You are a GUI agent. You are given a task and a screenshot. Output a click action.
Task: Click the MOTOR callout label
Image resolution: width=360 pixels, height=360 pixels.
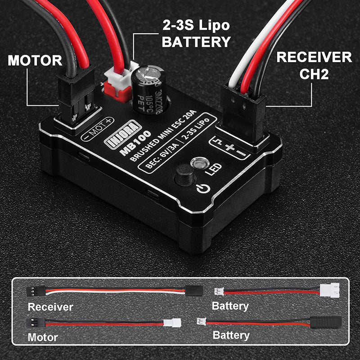point(35,60)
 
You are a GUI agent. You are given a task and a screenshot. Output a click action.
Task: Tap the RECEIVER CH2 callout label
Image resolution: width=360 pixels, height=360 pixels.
point(314,65)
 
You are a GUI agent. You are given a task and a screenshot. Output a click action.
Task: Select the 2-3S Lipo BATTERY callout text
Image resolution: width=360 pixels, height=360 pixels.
point(196,35)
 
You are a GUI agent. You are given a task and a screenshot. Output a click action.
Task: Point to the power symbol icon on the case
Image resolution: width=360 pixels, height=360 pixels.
point(203,189)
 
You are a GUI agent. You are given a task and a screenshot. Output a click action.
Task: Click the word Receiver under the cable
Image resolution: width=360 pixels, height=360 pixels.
point(50,307)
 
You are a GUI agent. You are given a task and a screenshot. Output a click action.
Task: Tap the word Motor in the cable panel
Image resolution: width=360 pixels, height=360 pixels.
point(43,337)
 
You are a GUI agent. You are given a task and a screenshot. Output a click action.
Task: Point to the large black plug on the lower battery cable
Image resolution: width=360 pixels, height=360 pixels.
point(325,322)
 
